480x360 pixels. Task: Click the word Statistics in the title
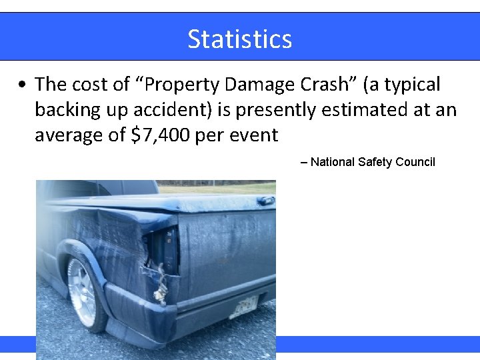239,39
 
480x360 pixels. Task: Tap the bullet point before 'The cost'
23,85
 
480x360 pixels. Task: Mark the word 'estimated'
364,110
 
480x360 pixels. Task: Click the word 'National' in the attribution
333,161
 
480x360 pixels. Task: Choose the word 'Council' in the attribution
416,161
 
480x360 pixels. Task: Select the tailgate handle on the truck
265,200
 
